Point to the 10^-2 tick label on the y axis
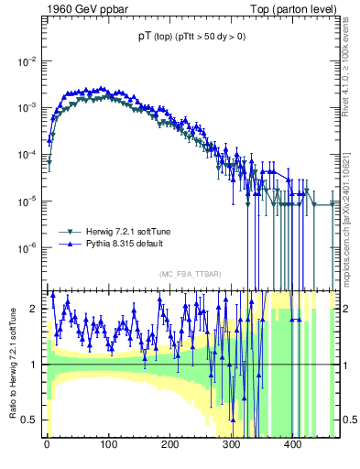[27, 61]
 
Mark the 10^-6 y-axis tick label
[27, 247]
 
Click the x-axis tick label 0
[47, 449]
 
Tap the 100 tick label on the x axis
[108, 449]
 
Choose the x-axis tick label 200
[170, 449]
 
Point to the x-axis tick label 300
[232, 449]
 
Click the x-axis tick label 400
[294, 449]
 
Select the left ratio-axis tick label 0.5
[30, 420]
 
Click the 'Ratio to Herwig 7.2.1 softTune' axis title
[11, 364]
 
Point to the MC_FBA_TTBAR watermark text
[189, 275]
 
